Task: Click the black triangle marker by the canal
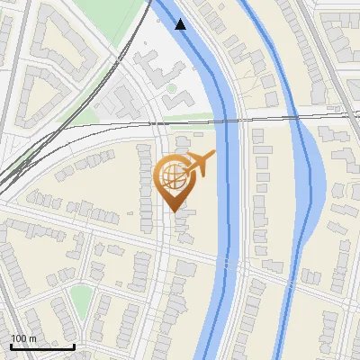[x=181, y=24]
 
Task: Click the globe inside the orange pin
[x=171, y=175]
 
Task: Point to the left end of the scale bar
[x=11, y=346]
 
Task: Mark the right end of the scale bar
[x=75, y=346]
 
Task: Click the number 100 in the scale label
[x=19, y=338]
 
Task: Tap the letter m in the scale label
[x=33, y=338]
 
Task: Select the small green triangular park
[x=81, y=302]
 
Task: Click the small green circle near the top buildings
[x=171, y=89]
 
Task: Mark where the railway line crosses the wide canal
[x=229, y=116]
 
